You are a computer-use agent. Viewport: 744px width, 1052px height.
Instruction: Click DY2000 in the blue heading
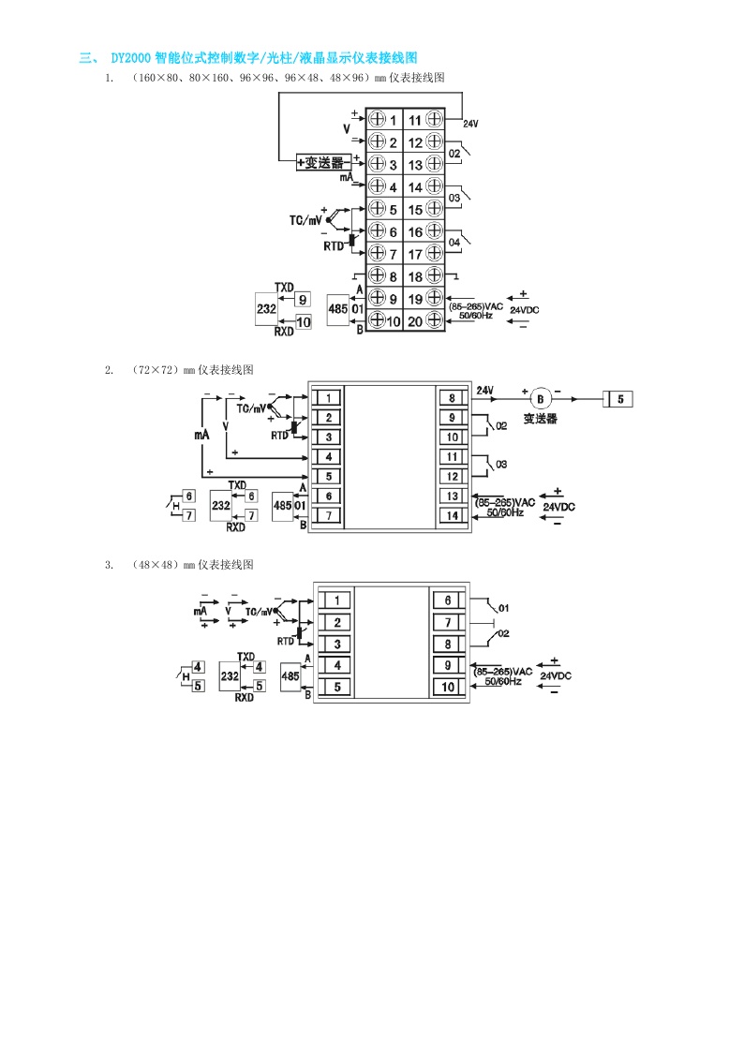coord(127,59)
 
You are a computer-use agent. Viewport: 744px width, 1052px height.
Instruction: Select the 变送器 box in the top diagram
coord(323,162)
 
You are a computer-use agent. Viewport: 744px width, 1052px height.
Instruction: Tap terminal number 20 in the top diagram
coord(415,321)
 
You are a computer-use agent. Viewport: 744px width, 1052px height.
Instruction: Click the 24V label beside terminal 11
coord(470,124)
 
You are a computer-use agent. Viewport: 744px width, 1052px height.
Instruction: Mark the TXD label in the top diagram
coord(284,286)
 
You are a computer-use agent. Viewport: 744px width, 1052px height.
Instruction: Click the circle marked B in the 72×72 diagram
coord(538,397)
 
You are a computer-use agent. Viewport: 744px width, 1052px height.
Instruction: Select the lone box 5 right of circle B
coord(619,398)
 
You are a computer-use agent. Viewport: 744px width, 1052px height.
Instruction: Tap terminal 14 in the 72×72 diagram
coord(452,515)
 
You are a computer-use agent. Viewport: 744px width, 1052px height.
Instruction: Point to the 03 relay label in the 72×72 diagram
coord(501,465)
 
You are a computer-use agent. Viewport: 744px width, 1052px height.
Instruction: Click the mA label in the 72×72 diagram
coord(201,436)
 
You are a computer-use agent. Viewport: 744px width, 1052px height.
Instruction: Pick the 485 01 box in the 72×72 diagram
coord(282,505)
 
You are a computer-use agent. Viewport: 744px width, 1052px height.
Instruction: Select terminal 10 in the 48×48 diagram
coord(448,687)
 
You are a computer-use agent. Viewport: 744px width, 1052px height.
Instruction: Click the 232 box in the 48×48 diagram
coord(228,675)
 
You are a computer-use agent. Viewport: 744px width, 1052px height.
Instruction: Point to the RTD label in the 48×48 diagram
coord(286,642)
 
